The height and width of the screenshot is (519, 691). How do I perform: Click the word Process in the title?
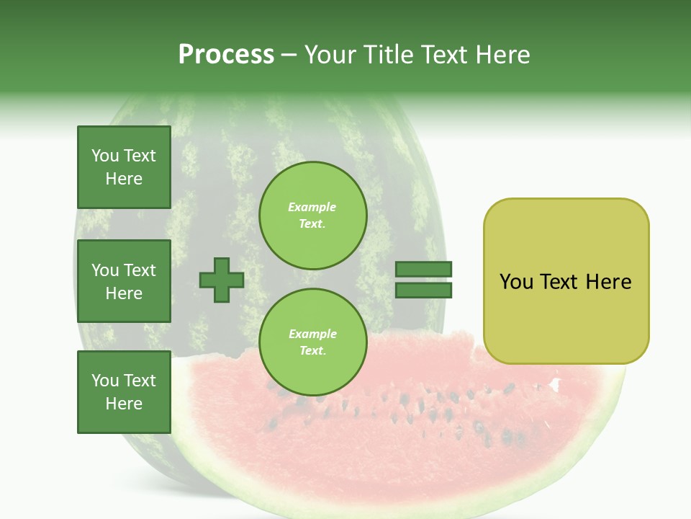[226, 55]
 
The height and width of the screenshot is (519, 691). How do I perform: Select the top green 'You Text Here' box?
[124, 167]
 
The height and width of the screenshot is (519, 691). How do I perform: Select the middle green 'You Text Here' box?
[124, 281]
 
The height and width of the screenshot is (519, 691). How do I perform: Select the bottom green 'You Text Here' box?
[124, 392]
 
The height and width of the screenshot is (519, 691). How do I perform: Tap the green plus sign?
[222, 280]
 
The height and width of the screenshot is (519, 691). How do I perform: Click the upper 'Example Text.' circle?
[313, 216]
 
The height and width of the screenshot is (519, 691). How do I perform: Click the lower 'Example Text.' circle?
[313, 342]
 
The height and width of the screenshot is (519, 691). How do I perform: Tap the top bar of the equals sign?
[423, 270]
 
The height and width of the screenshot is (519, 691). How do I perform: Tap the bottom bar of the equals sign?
[423, 290]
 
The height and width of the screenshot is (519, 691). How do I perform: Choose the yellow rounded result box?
[566, 281]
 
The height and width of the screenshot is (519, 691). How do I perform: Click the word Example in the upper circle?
[312, 207]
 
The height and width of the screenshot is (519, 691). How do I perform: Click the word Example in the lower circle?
[312, 334]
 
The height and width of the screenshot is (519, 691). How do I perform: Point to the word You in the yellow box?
[516, 282]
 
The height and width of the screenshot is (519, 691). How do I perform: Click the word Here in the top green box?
[124, 179]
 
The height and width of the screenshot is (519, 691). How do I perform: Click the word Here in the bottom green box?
[124, 404]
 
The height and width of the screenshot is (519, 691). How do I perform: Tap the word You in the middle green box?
[105, 270]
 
